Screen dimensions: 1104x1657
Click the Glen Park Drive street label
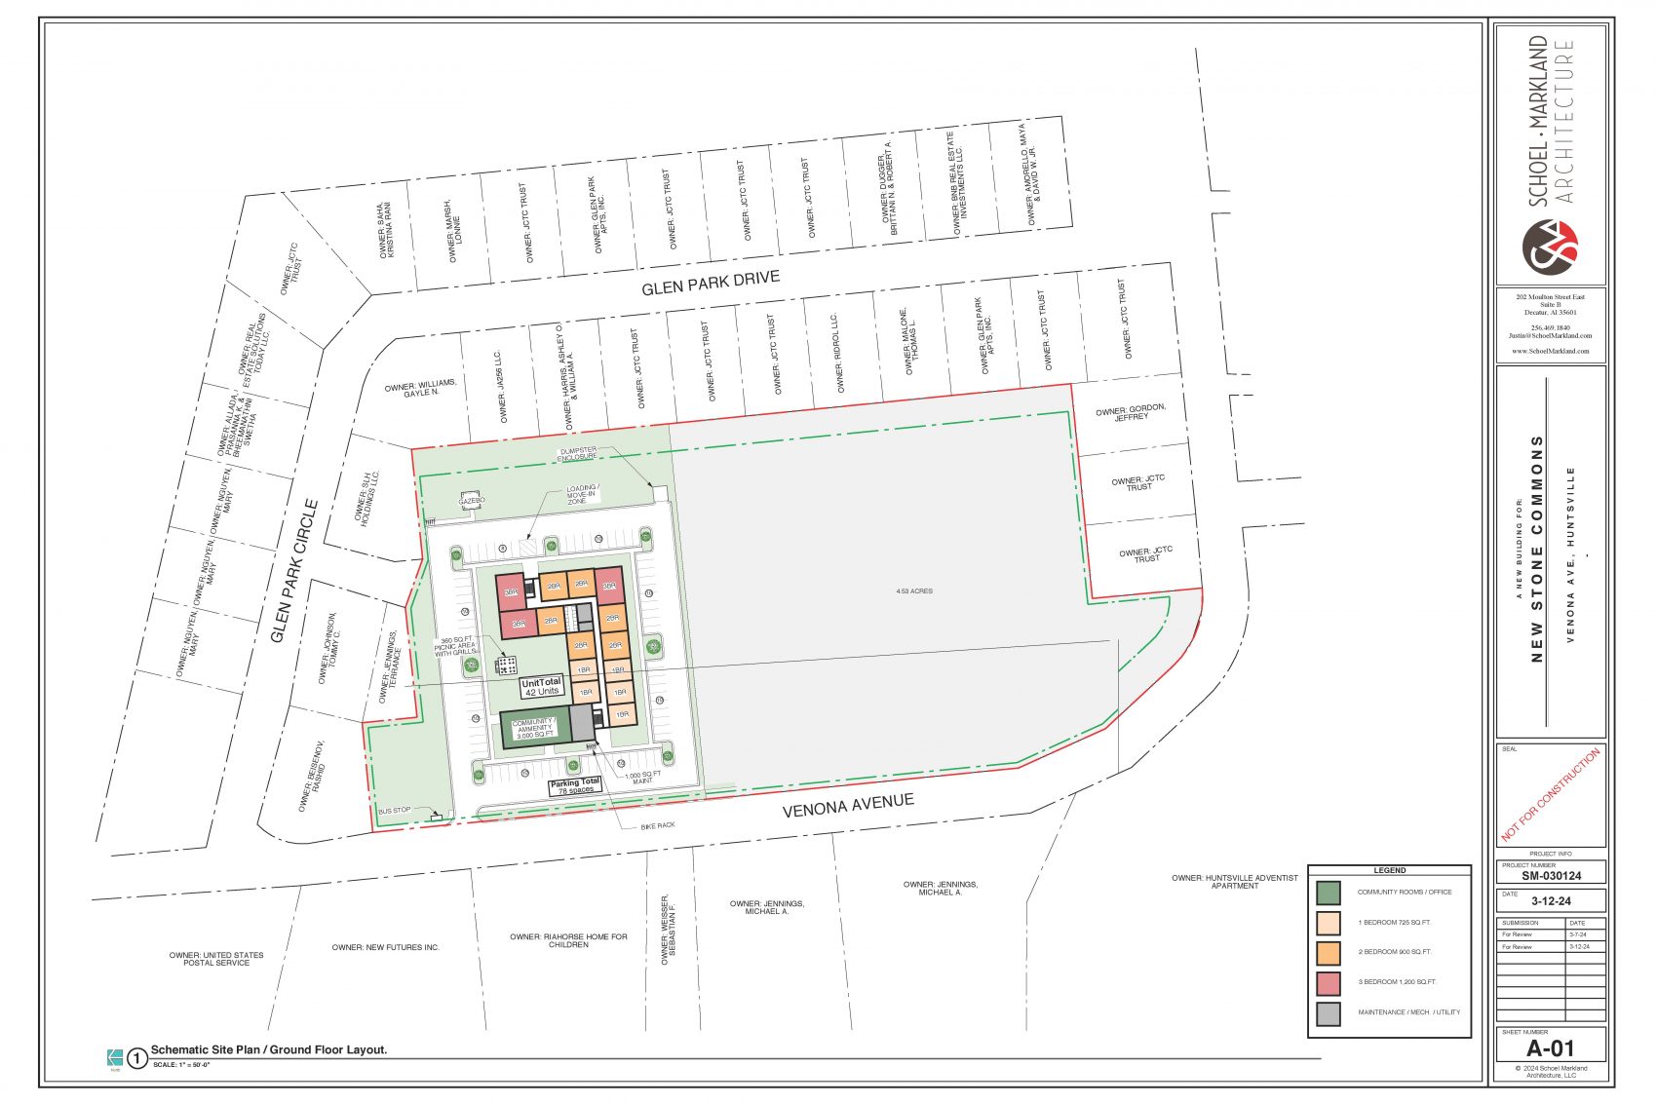[711, 284]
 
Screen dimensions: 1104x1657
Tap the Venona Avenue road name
[848, 806]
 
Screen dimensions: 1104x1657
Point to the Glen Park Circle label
[294, 571]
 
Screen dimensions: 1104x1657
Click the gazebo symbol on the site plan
[472, 500]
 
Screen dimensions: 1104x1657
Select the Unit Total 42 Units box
[541, 687]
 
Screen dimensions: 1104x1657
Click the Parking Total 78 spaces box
[574, 786]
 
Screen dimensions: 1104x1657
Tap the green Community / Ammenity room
[534, 728]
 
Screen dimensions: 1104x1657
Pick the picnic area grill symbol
[506, 666]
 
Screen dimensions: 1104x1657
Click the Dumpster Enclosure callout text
[577, 453]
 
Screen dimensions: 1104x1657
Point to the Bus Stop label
[395, 811]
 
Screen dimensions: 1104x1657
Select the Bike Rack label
[658, 825]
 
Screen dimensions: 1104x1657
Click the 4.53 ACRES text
[914, 591]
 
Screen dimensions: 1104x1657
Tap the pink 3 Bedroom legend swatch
[1328, 982]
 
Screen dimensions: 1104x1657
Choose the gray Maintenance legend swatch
[1328, 1012]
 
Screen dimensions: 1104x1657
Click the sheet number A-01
[1550, 1048]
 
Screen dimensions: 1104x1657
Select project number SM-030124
[1551, 876]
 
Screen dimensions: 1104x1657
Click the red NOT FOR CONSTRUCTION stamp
[1550, 794]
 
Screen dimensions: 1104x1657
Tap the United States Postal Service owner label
[216, 959]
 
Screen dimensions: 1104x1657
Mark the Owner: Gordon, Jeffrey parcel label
[1131, 413]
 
